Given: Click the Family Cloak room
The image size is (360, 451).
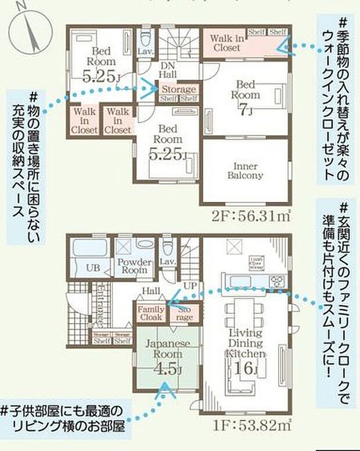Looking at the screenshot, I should [x=151, y=314].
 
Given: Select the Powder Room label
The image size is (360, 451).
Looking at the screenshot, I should [x=134, y=267].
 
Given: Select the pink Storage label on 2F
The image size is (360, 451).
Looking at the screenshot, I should [x=178, y=90].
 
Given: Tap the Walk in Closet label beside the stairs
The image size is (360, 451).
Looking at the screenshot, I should [x=226, y=42].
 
